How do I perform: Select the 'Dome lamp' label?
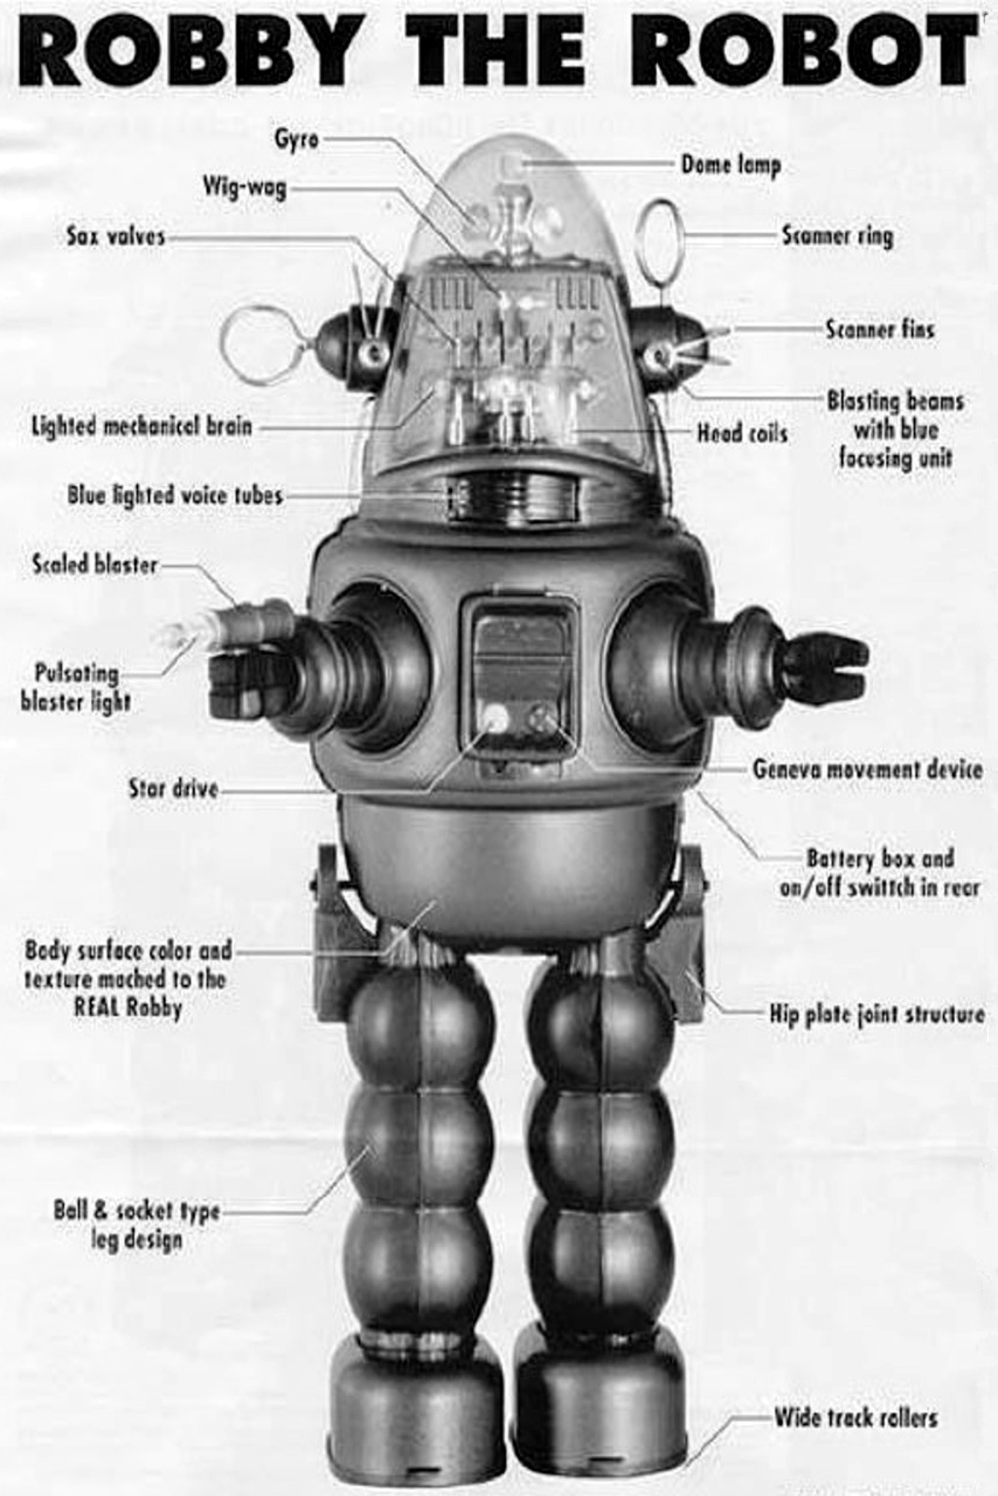click(x=731, y=166)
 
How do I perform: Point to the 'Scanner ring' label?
click(x=837, y=237)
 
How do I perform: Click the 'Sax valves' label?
click(x=116, y=237)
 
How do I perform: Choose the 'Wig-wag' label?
click(x=244, y=188)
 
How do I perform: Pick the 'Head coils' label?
click(x=742, y=434)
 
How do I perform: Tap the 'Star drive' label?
click(x=173, y=789)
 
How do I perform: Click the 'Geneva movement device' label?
click(x=867, y=769)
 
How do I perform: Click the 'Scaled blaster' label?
click(x=94, y=564)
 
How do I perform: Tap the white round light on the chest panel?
click(x=497, y=719)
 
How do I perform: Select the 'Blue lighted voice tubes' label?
click(x=175, y=495)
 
